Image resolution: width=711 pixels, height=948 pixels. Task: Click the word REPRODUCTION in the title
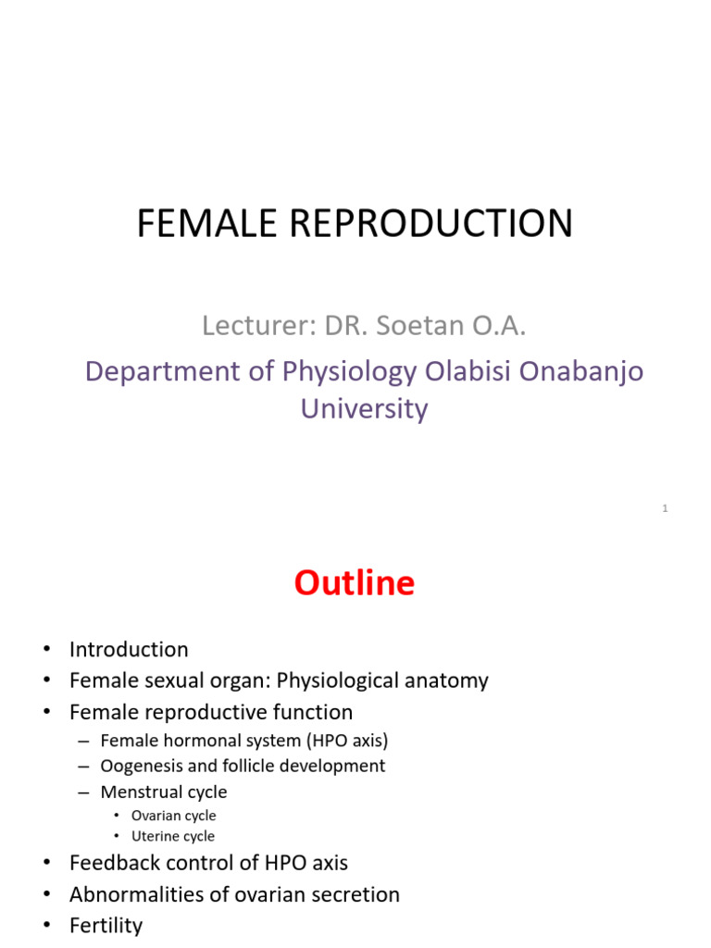tap(430, 224)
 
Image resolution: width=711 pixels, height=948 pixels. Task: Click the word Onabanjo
tap(588, 371)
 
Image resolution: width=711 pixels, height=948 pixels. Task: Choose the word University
tap(364, 408)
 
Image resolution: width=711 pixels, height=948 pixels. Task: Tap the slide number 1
tap(665, 508)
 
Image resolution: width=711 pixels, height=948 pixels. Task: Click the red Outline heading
tap(355, 583)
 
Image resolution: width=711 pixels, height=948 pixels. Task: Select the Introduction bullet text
tap(129, 649)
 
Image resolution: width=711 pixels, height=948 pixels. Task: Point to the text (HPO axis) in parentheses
tap(352, 740)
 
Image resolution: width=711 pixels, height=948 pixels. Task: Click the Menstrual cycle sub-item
tap(163, 792)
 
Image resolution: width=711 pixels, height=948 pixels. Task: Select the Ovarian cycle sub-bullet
tap(173, 816)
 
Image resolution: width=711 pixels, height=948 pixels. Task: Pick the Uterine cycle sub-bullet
tap(172, 836)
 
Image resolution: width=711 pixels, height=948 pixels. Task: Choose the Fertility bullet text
tap(106, 925)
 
